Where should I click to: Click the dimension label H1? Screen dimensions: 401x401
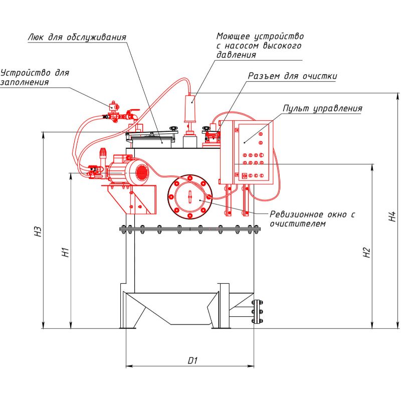(66, 252)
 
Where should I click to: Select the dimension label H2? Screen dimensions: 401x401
(367, 253)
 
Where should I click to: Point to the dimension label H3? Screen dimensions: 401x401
(38, 232)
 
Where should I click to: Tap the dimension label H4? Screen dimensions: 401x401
(392, 216)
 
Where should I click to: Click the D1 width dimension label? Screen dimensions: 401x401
(193, 360)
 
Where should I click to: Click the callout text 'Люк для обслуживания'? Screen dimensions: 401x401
(77, 37)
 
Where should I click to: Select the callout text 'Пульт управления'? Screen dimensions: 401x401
(322, 108)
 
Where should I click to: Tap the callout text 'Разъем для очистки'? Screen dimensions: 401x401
(293, 76)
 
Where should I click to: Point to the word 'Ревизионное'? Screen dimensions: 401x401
(297, 215)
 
